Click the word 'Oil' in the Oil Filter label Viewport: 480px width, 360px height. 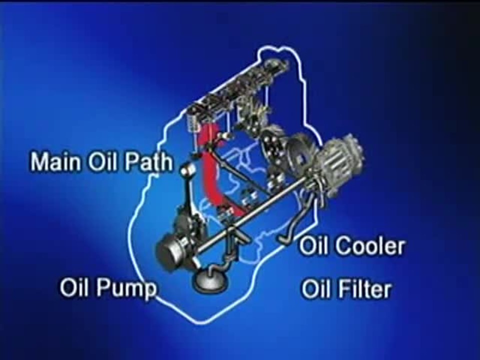tap(314, 288)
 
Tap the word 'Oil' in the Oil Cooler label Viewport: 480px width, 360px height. tap(314, 246)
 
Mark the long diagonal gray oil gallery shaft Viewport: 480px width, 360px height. tap(250, 215)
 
